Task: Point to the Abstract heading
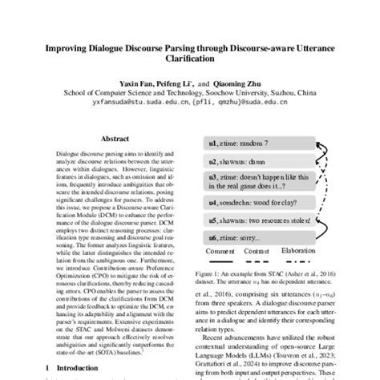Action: [x=115, y=138]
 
